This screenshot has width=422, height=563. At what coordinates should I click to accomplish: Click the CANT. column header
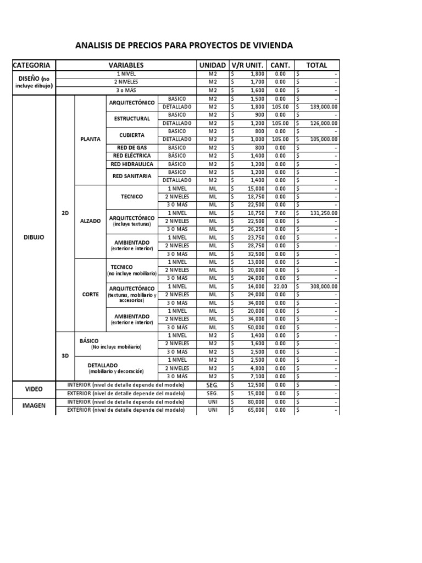[280, 65]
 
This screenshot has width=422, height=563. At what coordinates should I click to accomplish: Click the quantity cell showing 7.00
[280, 213]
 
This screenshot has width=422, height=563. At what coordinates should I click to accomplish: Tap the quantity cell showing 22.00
[280, 286]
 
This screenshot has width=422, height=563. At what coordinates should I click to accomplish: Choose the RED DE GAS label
[132, 148]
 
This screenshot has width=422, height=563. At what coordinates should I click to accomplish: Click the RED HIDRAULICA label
[132, 164]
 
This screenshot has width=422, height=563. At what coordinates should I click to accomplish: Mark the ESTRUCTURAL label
[132, 119]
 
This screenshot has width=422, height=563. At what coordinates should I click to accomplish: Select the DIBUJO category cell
[34, 238]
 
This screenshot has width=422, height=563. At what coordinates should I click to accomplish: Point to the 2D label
[65, 213]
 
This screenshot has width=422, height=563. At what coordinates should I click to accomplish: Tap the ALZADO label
[91, 220]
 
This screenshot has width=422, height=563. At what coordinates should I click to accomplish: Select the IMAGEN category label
[34, 406]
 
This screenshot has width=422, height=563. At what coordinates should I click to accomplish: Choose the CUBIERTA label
[132, 135]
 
